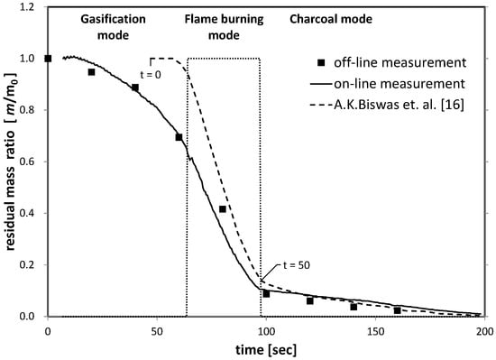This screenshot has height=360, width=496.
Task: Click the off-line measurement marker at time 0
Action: pyautogui.click(x=48, y=59)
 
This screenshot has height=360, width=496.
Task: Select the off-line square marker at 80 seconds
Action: pyautogui.click(x=223, y=209)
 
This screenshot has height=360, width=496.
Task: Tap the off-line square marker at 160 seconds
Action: pyautogui.click(x=398, y=310)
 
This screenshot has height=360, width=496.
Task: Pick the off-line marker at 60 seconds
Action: pyautogui.click(x=179, y=137)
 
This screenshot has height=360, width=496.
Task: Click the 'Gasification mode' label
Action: pyautogui.click(x=113, y=27)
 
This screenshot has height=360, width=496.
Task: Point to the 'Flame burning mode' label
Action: pyautogui.click(x=224, y=27)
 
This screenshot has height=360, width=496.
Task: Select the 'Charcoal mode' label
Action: pyautogui.click(x=331, y=19)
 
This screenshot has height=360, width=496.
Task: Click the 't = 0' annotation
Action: pyautogui.click(x=151, y=75)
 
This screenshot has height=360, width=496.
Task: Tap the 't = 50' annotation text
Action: pyautogui.click(x=297, y=265)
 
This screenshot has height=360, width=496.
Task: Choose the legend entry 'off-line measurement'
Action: pyautogui.click(x=391, y=62)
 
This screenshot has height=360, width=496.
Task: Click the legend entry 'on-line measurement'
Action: pyautogui.click(x=388, y=84)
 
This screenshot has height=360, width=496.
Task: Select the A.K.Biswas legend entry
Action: pyautogui.click(x=387, y=105)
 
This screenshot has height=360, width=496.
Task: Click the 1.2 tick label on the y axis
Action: pyautogui.click(x=27, y=6)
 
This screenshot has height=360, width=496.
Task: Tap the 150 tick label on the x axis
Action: pyautogui.click(x=375, y=331)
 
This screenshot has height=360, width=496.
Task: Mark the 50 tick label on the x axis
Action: pyautogui.click(x=157, y=331)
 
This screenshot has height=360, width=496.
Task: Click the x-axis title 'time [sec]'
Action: pyautogui.click(x=266, y=350)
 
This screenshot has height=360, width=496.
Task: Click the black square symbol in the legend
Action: pyautogui.click(x=321, y=62)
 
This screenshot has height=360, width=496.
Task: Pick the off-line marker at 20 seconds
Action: pyautogui.click(x=91, y=72)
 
